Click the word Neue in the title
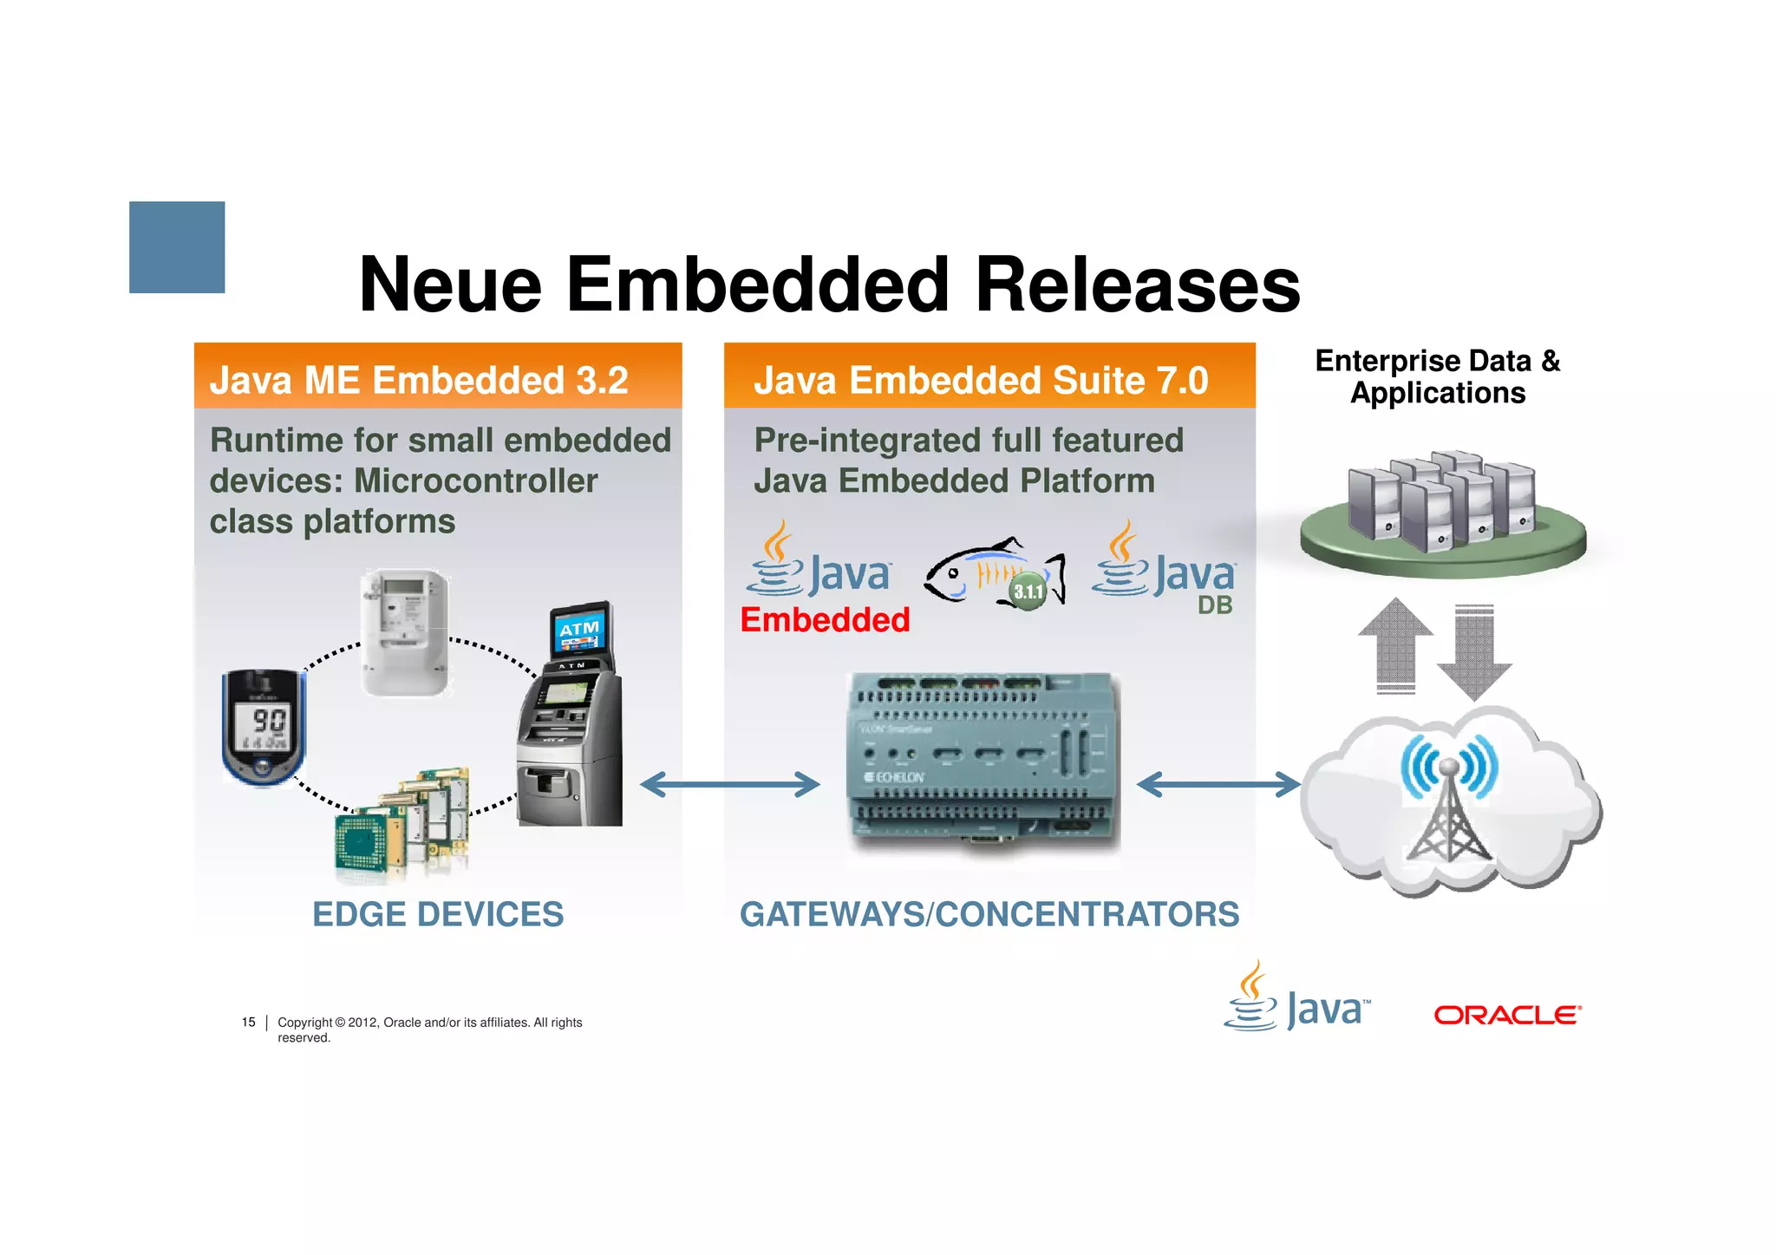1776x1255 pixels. [x=450, y=285]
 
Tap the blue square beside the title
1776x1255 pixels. [x=177, y=247]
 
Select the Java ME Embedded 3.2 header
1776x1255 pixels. [x=419, y=380]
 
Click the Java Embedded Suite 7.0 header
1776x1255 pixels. [x=981, y=380]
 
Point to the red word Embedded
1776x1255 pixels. [x=825, y=620]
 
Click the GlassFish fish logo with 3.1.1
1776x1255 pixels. [x=995, y=572]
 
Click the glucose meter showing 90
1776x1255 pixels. [x=264, y=727]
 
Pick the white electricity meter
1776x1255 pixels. [x=405, y=631]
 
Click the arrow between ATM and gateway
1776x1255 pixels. [x=729, y=785]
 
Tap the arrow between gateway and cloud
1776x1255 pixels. [x=1218, y=785]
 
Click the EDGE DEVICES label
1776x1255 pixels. [x=438, y=914]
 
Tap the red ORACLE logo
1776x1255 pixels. [x=1507, y=1015]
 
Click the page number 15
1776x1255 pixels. [x=249, y=1023]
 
